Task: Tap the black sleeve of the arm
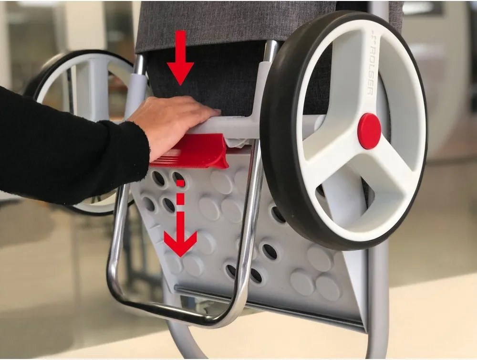tap(62, 143)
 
